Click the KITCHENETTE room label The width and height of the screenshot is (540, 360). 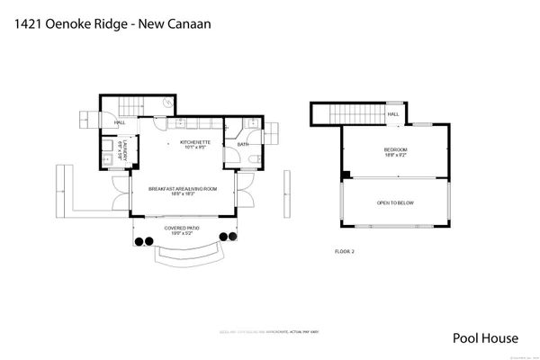195,142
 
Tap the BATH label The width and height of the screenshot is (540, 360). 243,144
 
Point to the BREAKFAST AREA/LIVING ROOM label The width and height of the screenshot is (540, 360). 183,188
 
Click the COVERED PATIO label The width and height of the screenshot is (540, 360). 183,228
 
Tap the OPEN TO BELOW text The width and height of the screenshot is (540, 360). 396,203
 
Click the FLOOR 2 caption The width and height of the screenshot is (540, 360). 345,251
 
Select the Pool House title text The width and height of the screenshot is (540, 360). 485,338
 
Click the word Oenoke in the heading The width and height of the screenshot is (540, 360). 78,24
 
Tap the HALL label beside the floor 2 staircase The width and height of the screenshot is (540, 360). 393,115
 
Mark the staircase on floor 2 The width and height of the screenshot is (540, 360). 355,114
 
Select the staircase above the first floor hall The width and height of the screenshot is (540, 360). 133,106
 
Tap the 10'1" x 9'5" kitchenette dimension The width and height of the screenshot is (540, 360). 195,148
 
